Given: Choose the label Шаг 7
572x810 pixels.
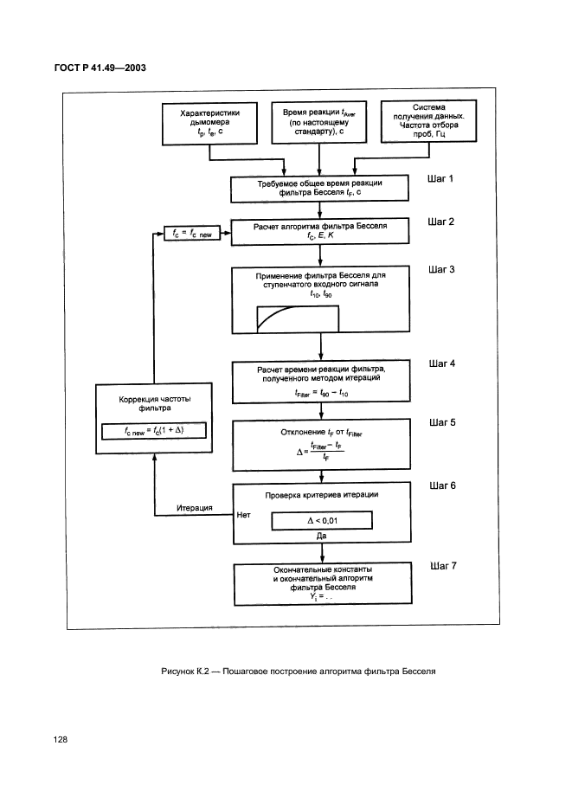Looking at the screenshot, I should coord(442,566).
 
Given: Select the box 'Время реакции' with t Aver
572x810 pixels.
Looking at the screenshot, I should coord(320,123).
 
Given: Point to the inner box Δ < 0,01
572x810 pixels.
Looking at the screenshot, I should coord(321,520).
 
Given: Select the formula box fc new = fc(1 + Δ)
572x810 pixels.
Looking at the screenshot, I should coord(154,430).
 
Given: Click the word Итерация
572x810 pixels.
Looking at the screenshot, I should coord(195,508).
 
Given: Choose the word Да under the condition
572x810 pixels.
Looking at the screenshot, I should coord(321,537).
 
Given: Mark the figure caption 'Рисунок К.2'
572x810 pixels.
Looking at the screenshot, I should coord(298,672).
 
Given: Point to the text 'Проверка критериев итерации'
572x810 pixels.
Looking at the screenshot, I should coord(321,494).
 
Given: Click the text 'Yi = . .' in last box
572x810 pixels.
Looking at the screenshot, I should coord(321,597).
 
